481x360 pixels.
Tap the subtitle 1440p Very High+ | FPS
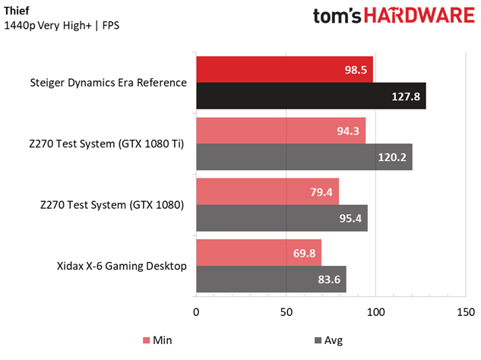coord(62,26)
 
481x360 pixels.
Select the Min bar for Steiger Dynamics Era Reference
coord(284,69)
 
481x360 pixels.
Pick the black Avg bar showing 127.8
coord(310,96)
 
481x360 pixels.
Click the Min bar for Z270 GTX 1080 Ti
coord(280,130)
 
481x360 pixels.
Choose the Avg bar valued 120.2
coord(303,156)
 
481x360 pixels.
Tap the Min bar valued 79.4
coord(267,191)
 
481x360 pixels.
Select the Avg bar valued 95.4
coord(281,217)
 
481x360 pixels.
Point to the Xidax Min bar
coord(258,252)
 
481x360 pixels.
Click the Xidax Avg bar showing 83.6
coord(271,279)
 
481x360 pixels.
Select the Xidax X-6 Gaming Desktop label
coord(122,266)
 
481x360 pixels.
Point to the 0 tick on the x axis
coord(197,312)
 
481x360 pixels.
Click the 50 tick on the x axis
coord(286,312)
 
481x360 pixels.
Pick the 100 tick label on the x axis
coord(375,312)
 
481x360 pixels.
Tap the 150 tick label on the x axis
coord(464,312)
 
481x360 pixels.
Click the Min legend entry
coord(155,340)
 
